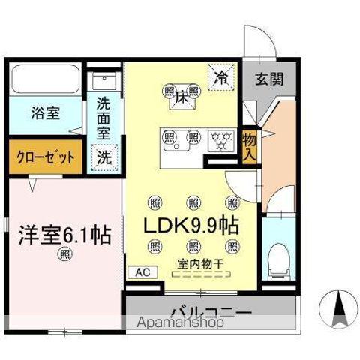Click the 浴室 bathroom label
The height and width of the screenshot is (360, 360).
46,114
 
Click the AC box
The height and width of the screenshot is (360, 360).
142,273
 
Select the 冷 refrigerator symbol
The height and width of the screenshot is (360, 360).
222,76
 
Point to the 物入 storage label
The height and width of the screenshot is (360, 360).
250,146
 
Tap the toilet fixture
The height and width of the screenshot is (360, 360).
277,258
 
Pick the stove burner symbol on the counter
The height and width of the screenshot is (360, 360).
220,138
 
